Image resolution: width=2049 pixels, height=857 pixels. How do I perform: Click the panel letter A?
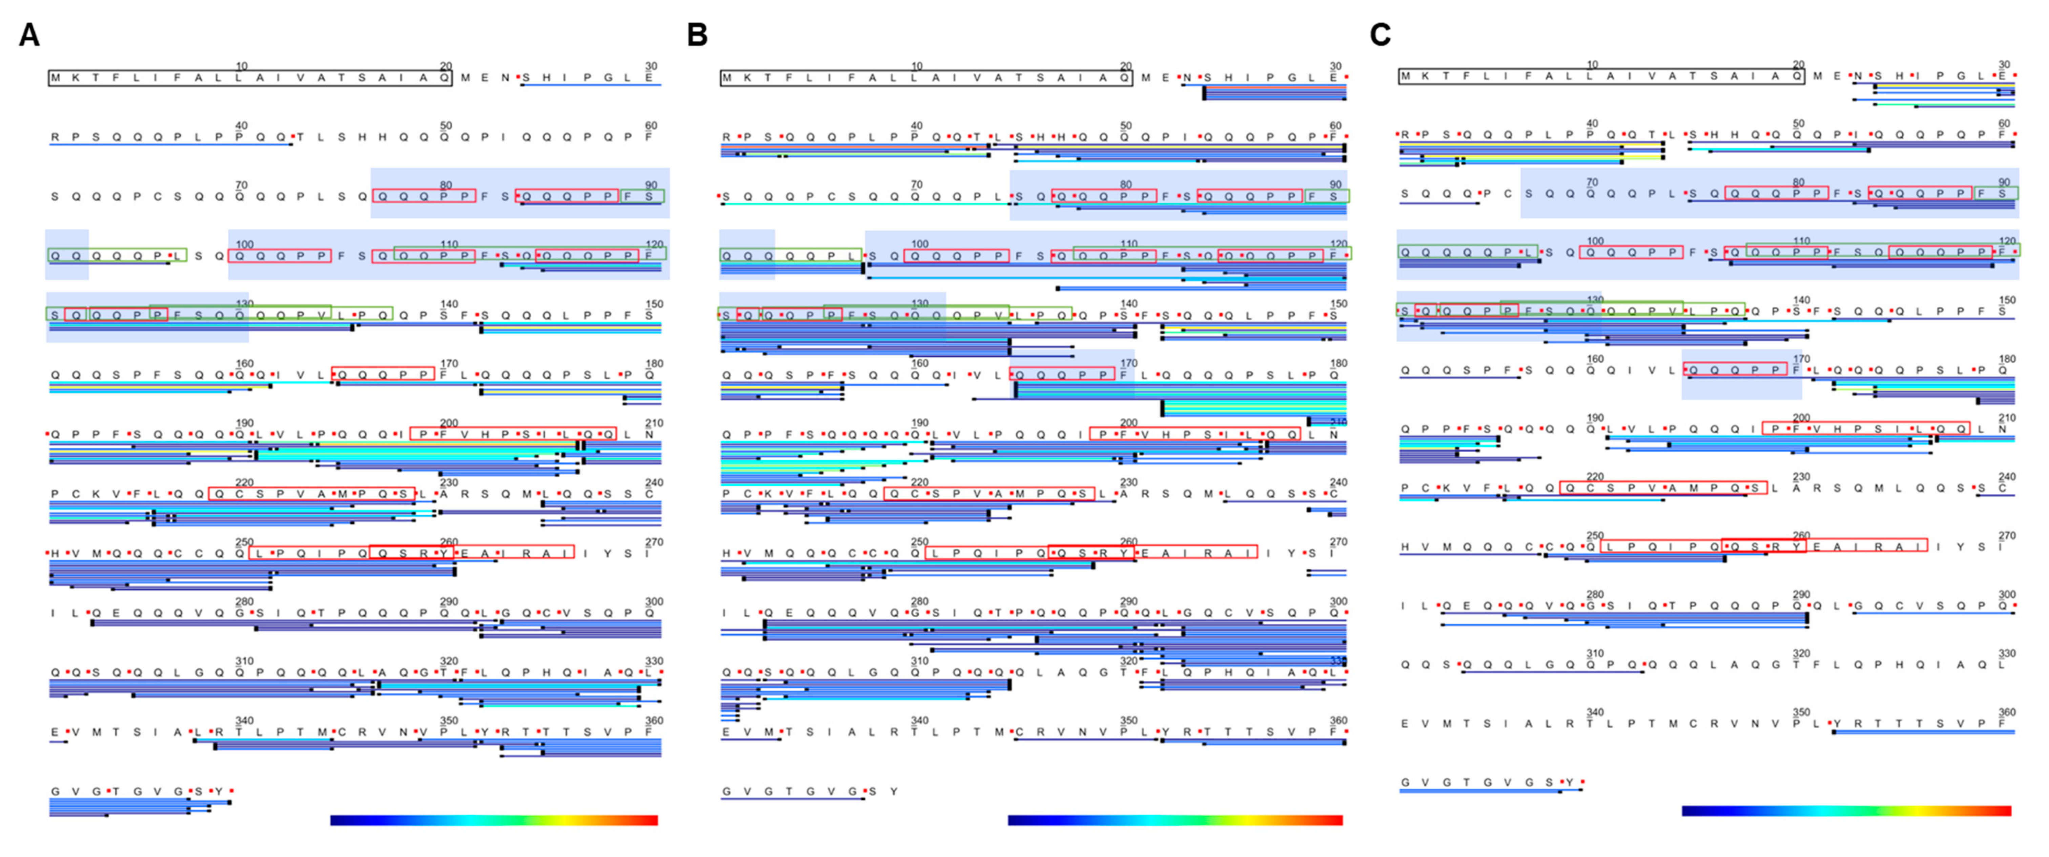coord(29,36)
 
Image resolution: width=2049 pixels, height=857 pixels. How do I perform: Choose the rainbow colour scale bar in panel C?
coord(1846,811)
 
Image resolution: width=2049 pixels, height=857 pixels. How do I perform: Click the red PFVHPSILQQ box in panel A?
coord(513,434)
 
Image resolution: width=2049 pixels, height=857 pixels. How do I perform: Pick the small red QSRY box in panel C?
coord(1763,546)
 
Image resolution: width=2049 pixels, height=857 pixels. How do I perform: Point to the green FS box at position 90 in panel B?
coord(1327,196)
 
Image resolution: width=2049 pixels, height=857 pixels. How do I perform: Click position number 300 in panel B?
coord(1339,602)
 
